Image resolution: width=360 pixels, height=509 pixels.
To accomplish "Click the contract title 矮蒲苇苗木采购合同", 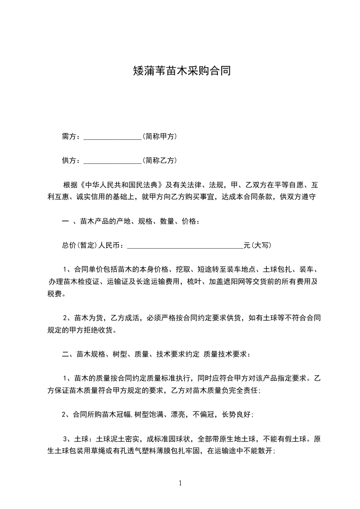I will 180,71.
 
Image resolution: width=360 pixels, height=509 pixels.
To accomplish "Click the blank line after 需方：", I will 113,137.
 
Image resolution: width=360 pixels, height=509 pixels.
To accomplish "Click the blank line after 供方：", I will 113,161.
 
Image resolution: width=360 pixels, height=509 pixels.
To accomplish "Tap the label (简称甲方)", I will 159,136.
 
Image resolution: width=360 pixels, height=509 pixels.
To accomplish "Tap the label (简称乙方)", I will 159,160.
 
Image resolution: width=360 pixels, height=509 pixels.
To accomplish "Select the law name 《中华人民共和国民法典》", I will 121,185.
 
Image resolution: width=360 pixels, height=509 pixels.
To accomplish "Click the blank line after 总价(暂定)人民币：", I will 185,246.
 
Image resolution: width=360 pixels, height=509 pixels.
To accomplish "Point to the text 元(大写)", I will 257,245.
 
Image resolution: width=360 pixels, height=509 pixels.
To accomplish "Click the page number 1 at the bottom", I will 180,483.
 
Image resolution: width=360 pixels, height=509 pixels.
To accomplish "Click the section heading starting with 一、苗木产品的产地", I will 130,221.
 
